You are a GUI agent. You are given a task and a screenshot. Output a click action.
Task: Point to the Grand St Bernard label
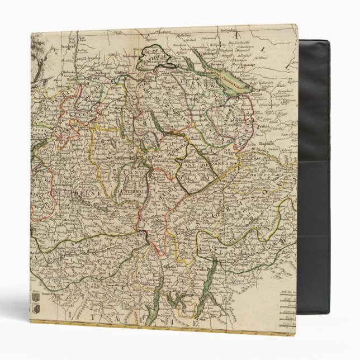(x=48, y=291)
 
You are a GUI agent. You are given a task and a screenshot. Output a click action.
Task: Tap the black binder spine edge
(x=314, y=179)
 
